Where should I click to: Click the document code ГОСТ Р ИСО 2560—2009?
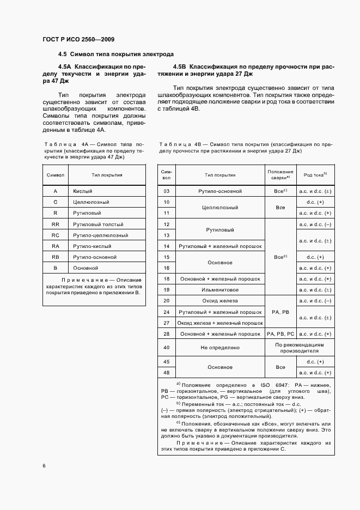click(78, 39)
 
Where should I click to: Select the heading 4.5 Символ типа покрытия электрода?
click(116, 54)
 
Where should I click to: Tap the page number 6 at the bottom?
click(44, 465)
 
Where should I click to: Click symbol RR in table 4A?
click(55, 224)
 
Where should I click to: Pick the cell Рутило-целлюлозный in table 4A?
click(100, 235)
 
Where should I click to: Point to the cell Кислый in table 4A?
click(83, 191)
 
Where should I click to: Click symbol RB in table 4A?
click(55, 257)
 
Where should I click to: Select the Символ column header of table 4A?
click(56, 175)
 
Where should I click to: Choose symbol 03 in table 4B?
click(167, 191)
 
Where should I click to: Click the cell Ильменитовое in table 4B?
click(220, 290)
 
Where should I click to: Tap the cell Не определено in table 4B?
click(220, 347)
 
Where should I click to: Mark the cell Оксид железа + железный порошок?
click(220, 323)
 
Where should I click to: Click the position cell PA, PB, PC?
click(280, 333)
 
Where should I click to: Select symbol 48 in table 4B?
click(167, 373)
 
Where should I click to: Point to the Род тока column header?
click(315, 175)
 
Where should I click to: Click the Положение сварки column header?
click(280, 175)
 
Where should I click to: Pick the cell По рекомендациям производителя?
click(300, 347)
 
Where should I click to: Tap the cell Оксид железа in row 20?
click(220, 301)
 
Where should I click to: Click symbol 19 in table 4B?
click(167, 290)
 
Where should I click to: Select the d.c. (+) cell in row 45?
click(315, 362)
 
